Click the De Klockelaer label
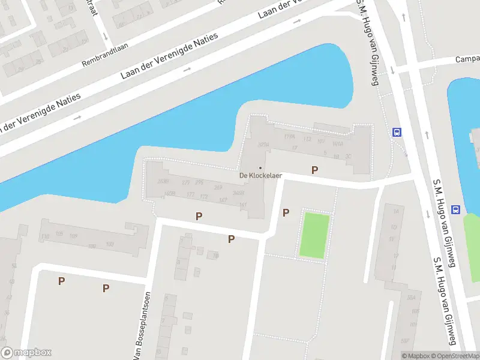tap(260, 176)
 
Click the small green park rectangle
tap(315, 235)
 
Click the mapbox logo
tap(26, 353)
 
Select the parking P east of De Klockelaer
tap(314, 170)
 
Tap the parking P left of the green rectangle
tap(286, 212)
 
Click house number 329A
tap(262, 145)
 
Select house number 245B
tap(238, 193)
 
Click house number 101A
tap(337, 144)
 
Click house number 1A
tap(395, 211)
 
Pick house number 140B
tap(169, 193)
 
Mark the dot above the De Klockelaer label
tap(260, 167)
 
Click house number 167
tap(223, 200)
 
